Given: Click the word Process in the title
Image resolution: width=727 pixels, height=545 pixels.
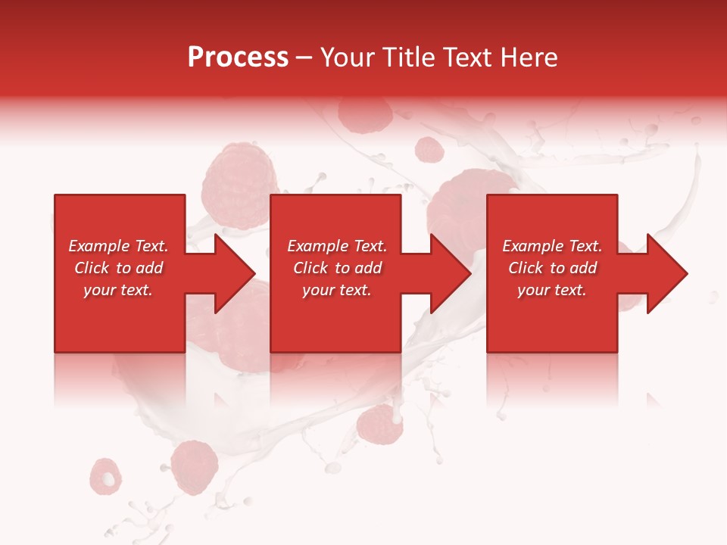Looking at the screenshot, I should point(238,58).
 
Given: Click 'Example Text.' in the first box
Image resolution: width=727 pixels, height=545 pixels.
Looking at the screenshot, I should point(119,246).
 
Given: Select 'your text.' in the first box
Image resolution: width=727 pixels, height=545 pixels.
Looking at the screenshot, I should point(119,290).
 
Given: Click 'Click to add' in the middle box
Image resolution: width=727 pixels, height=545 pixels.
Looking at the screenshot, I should point(337,268).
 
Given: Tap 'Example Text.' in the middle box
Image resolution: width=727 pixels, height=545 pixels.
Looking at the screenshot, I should point(337,246).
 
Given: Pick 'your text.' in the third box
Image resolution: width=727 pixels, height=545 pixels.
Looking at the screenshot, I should point(552,290).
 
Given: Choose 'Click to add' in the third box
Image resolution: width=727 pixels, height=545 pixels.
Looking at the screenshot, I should point(552,268).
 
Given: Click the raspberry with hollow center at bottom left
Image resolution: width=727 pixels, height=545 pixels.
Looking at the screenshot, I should point(105,475).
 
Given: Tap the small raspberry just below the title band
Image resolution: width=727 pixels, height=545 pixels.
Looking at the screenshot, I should point(429,150).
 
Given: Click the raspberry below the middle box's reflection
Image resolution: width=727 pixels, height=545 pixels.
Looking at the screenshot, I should point(379,425).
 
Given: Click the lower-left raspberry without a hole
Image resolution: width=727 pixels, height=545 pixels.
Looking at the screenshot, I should point(195,466).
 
